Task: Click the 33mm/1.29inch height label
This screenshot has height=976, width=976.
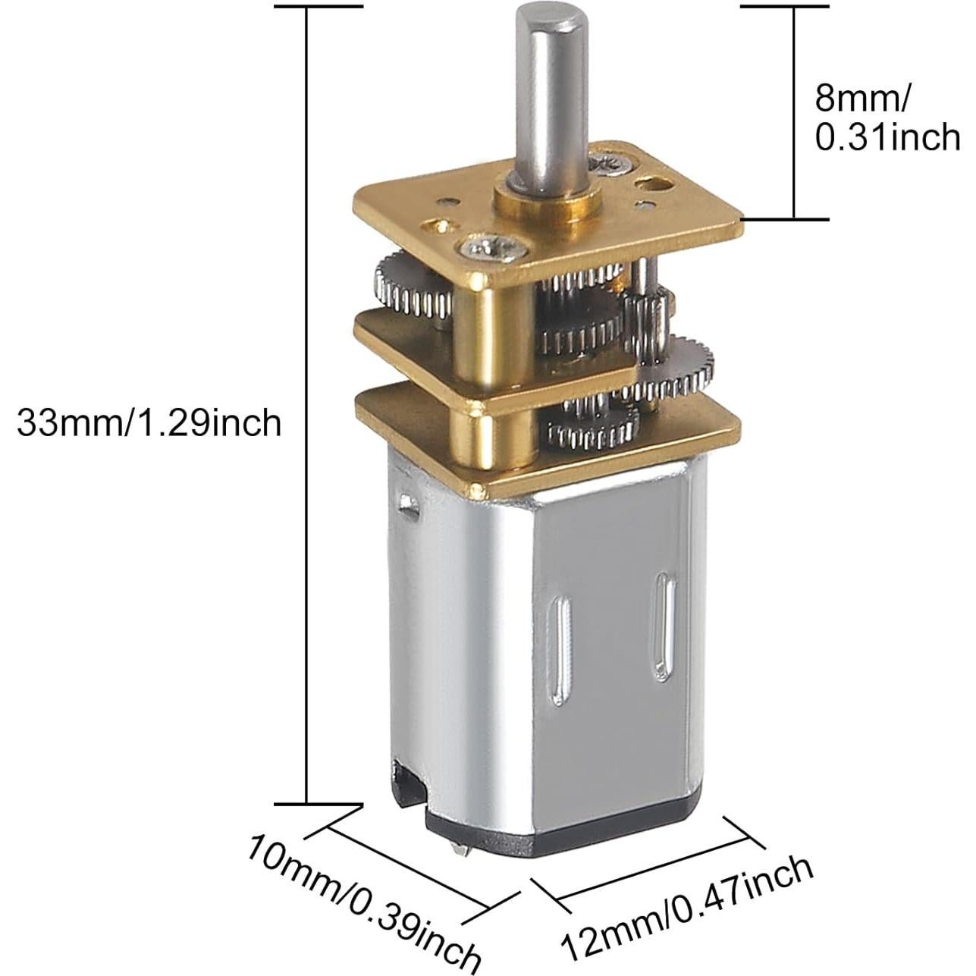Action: pyautogui.click(x=149, y=422)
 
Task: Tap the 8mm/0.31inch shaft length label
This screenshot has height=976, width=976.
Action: pyautogui.click(x=886, y=118)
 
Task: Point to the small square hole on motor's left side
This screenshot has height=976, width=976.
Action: pyautogui.click(x=410, y=503)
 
